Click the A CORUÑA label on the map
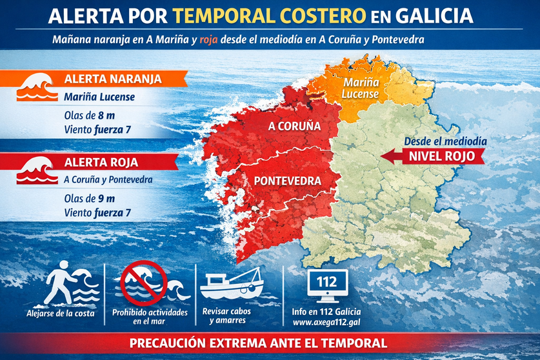point(294,126)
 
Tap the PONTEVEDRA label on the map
point(288,181)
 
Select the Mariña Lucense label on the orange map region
point(361,89)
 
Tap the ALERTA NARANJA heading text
point(112,80)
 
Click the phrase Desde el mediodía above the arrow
point(445,141)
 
